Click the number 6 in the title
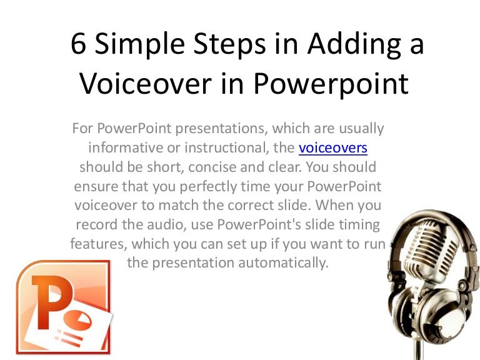[79, 46]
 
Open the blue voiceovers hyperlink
[332, 148]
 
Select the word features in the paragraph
[95, 244]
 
